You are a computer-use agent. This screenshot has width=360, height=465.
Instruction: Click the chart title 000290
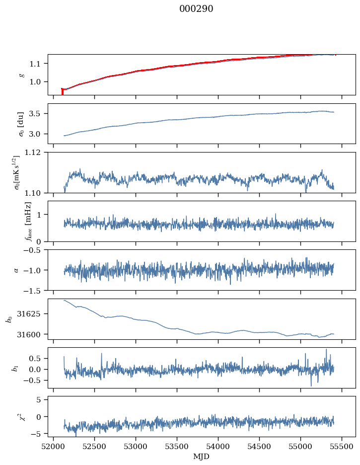point(196,9)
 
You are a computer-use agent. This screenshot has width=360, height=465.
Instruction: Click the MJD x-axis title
point(201,456)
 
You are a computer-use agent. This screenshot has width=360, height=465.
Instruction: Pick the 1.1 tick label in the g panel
point(37,64)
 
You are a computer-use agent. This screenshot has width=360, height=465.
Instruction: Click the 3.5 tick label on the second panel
point(37,114)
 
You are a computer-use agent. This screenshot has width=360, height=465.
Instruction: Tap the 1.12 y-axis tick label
point(35,153)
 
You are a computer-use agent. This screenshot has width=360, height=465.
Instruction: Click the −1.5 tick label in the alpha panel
point(34,290)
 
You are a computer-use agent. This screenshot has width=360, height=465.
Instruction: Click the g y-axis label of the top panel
point(21,75)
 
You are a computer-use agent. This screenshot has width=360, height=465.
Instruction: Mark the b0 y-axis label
point(8,318)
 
